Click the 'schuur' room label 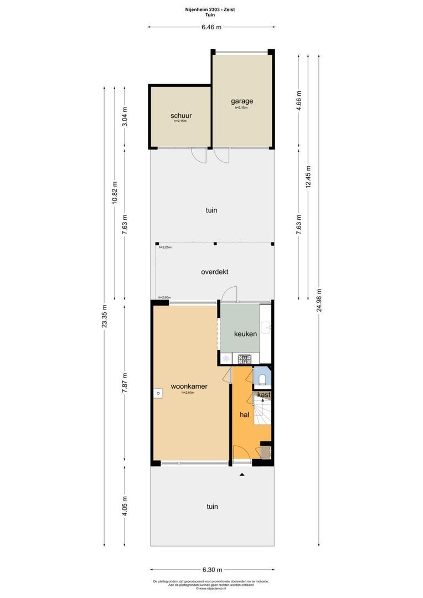coord(180,116)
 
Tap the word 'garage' coord(242,101)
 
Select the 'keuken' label coord(245,334)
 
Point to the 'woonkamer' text coord(189,386)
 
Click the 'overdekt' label coord(214,272)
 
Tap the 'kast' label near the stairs coord(264,395)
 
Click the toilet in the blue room coord(262,379)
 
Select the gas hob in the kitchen coord(244,359)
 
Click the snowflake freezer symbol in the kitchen coord(226,359)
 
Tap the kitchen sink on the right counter coord(267,328)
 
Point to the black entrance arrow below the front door coord(242,475)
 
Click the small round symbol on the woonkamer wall coord(158,393)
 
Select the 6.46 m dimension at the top coord(211,27)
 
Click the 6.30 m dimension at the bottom coord(211,570)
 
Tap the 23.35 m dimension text coord(105,317)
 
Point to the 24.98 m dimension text coord(318,301)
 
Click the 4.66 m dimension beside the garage coord(299,101)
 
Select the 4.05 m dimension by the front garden coord(125,505)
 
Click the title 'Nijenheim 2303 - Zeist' coord(211,9)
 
